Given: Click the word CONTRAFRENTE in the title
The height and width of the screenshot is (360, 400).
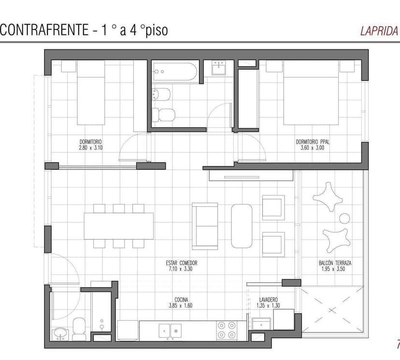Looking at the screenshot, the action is (44, 29).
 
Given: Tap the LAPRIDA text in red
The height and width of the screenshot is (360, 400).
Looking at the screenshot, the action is (379, 31).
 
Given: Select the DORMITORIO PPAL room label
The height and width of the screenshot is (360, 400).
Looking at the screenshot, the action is (313, 142).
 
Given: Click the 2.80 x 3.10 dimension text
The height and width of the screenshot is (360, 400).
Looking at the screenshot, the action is (91, 148).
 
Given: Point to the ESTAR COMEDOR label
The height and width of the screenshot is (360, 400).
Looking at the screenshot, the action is (181, 263).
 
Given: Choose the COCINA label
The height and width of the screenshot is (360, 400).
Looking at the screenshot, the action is (181, 300).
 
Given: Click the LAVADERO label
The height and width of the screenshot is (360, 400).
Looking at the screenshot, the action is (269, 300).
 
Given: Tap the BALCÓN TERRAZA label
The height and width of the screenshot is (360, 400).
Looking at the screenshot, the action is (335, 263).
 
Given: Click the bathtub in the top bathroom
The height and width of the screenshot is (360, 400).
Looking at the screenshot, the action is (175, 72).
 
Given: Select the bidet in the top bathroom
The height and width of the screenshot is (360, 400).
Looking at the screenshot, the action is (161, 94).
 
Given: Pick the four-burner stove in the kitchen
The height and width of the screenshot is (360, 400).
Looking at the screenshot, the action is (227, 330).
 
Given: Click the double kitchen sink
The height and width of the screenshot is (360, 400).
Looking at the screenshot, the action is (170, 331).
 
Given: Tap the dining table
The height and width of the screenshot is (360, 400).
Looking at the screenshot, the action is (119, 226).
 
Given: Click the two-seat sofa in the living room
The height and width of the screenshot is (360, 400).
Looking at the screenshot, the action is (205, 226).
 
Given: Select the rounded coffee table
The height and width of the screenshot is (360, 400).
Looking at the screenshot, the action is (242, 226).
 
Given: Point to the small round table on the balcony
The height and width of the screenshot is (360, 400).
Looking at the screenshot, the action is (344, 218).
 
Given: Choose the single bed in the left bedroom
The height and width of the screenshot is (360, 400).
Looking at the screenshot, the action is (91, 93).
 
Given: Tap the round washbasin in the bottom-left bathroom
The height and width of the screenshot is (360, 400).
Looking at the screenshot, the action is (60, 334).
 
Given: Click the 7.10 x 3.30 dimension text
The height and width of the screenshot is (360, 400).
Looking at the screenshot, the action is (181, 269).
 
